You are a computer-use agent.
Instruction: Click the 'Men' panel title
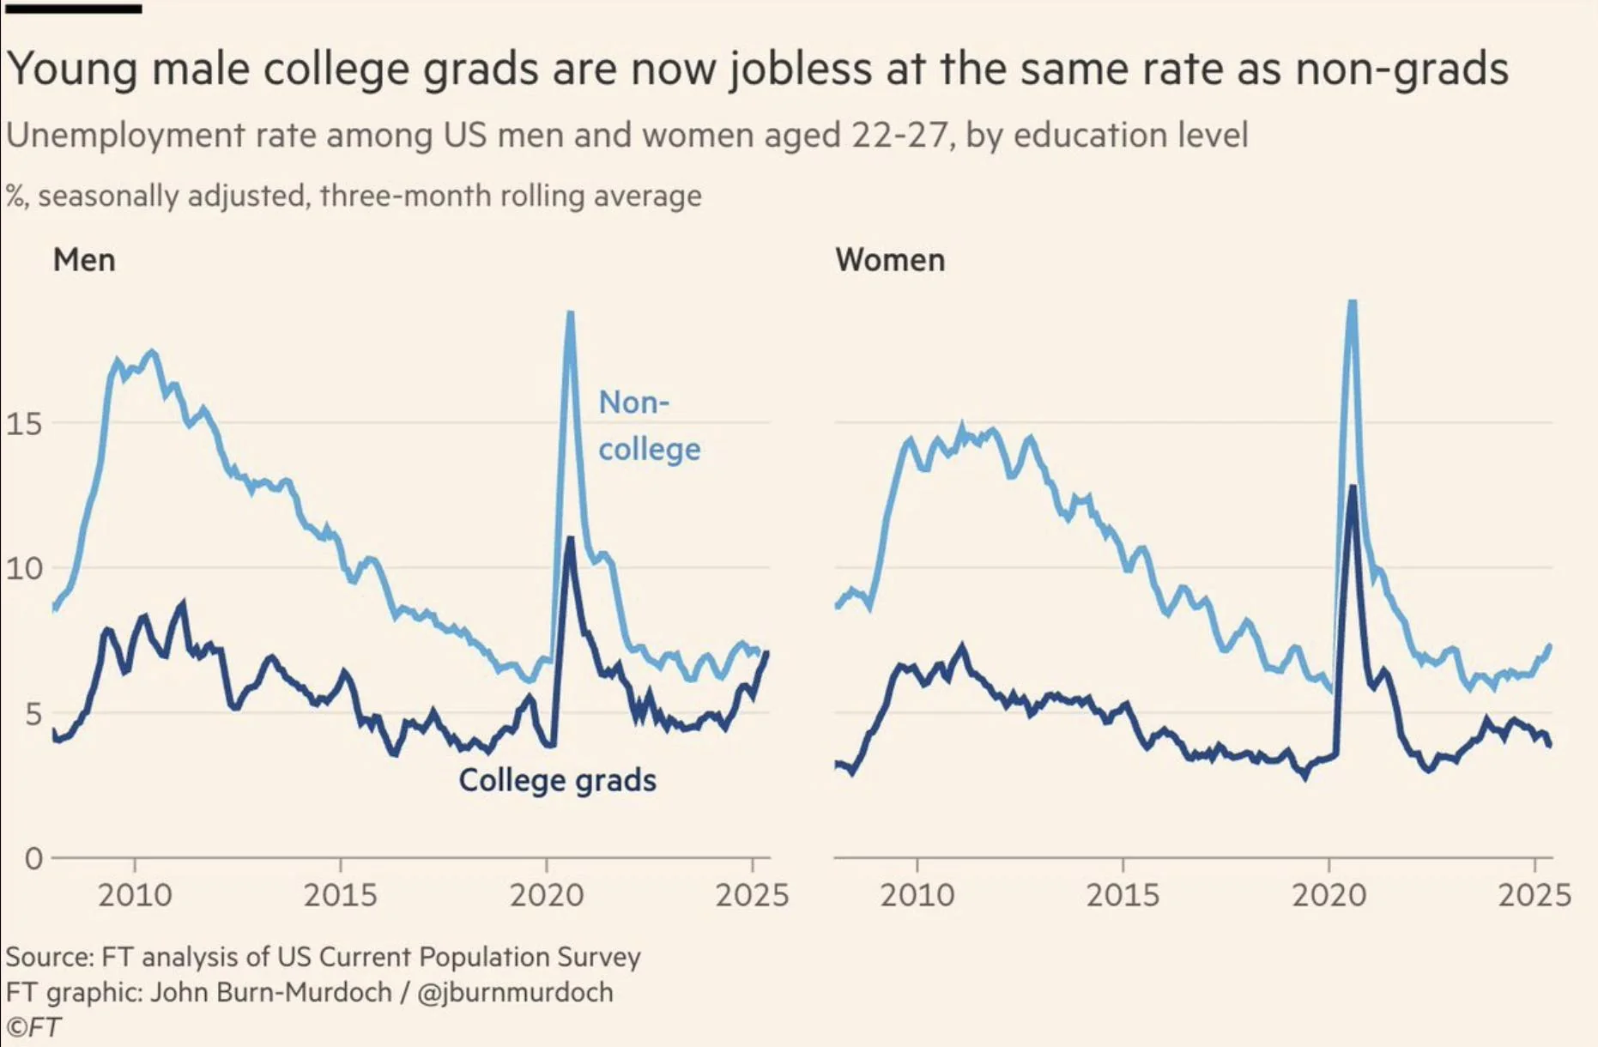pos(84,260)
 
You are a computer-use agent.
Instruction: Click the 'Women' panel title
pos(890,260)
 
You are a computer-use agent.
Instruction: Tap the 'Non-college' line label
pos(648,426)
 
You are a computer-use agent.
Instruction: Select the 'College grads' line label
pos(557,780)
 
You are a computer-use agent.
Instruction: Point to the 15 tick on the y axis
pos(23,423)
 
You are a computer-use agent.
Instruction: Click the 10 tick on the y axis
pos(23,568)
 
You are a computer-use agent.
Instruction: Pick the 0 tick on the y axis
pos(33,858)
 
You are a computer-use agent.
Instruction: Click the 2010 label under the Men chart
pos(135,896)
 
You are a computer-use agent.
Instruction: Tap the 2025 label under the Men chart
pos(752,896)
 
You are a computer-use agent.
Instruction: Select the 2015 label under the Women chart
pos(1123,896)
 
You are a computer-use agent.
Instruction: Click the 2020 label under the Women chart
pos(1329,896)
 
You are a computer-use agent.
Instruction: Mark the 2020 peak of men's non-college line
pos(570,314)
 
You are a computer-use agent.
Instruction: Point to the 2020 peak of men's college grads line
pos(570,539)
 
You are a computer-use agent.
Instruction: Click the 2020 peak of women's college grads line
pos(1353,487)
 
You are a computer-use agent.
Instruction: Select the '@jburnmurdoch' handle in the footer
pos(515,992)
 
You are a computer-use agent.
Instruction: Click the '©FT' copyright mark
pos(33,1027)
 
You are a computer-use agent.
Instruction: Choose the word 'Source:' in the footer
pos(50,957)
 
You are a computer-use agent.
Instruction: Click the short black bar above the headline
pos(73,9)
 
